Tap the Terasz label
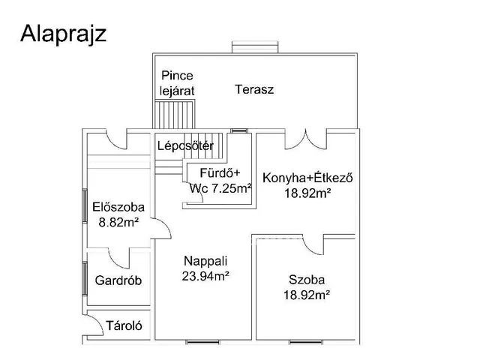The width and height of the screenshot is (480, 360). (253, 89)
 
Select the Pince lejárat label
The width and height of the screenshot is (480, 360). (177, 83)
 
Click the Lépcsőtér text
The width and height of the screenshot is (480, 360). (185, 145)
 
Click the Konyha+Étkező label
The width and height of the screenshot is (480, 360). (307, 178)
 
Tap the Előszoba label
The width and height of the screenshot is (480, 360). (118, 208)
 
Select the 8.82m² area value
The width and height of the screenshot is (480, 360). (118, 222)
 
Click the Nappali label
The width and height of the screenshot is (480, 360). (205, 261)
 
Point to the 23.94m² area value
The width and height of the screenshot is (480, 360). (205, 275)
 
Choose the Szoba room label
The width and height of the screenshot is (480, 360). (307, 280)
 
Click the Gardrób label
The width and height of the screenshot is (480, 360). (118, 280)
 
